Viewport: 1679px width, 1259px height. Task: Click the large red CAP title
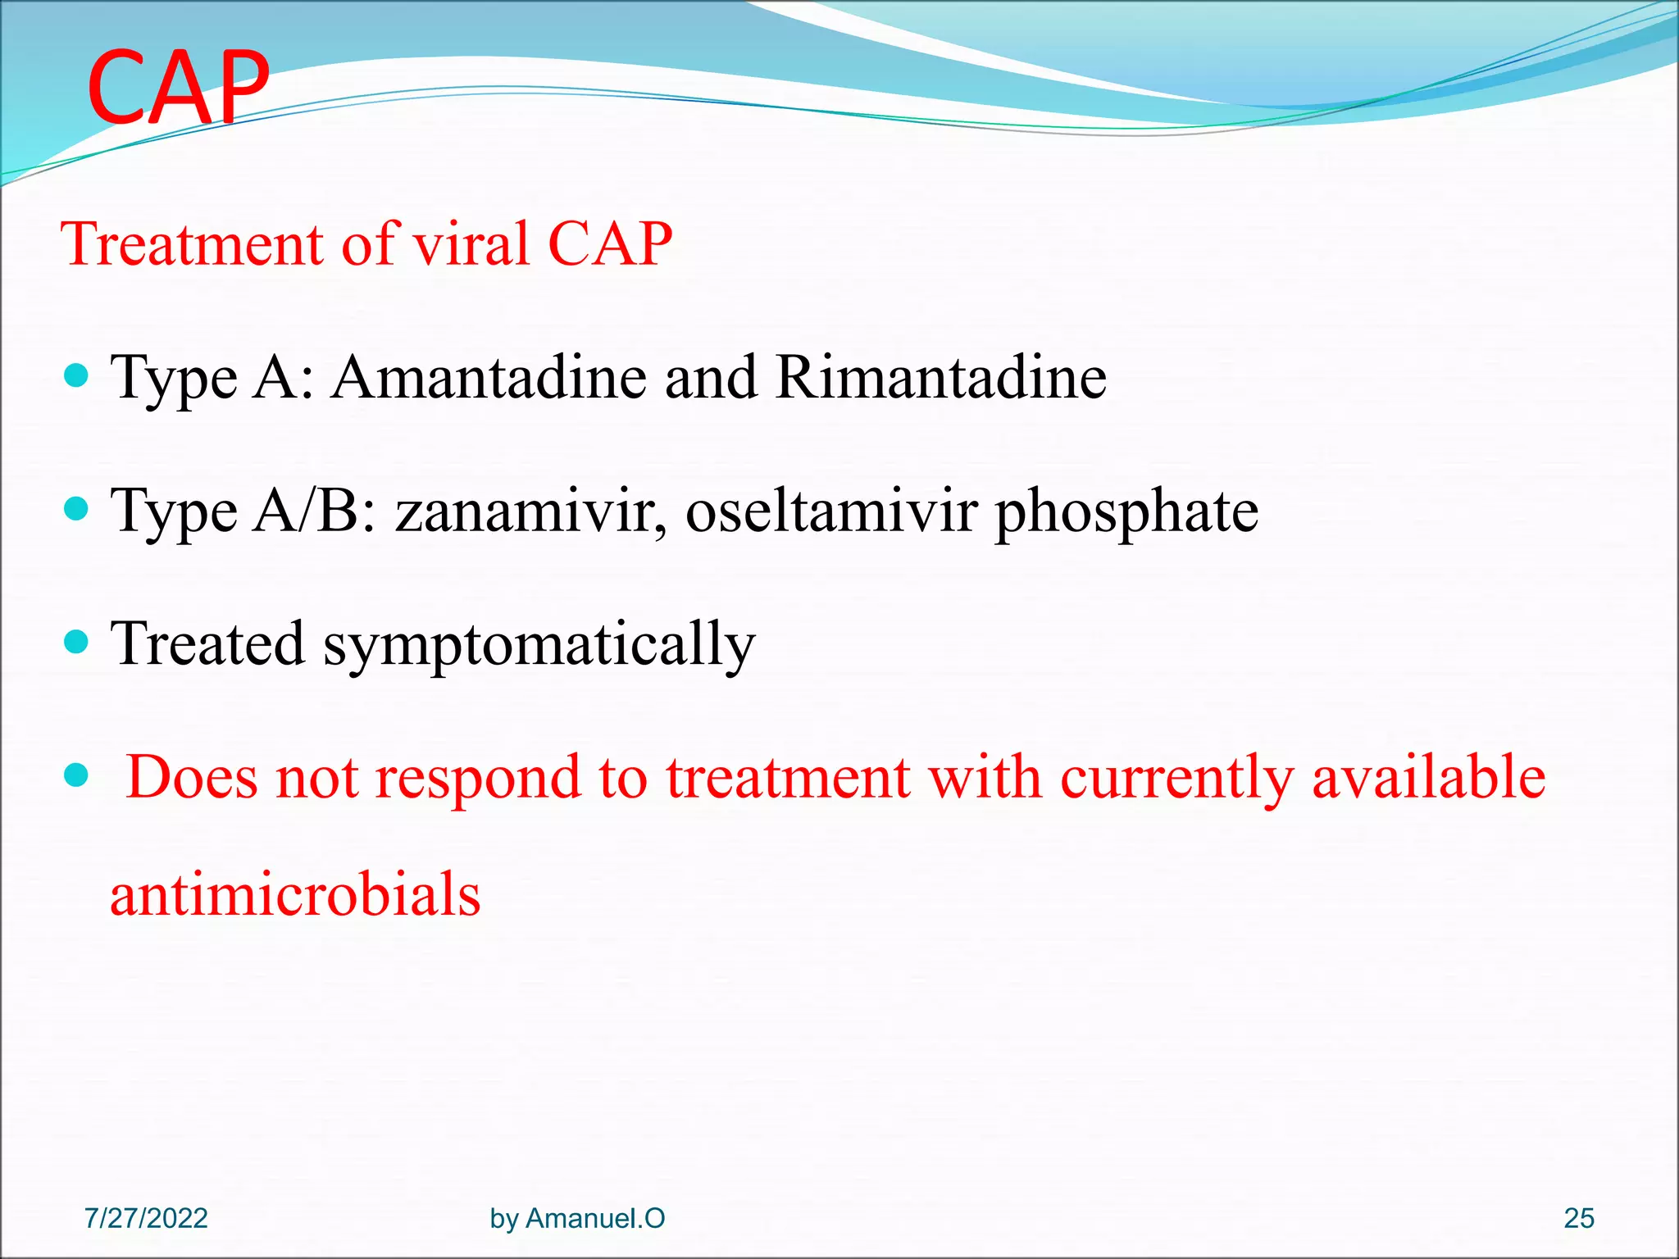click(178, 86)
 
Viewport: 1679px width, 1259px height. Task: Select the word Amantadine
click(489, 377)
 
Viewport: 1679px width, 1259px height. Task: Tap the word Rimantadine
click(940, 377)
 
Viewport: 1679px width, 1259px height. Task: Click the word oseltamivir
click(831, 511)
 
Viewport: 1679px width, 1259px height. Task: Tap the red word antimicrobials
click(295, 893)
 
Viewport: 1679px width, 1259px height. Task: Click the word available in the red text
click(1428, 777)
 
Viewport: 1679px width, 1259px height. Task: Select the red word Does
click(192, 777)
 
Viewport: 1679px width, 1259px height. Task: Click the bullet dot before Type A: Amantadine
click(75, 376)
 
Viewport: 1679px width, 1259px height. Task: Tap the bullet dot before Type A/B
click(75, 510)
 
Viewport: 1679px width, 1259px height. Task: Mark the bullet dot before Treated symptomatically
click(75, 642)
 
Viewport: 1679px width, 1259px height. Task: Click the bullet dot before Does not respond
click(75, 775)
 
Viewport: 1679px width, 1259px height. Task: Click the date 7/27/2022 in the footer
click(146, 1218)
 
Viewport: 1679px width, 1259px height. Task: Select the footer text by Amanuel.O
click(577, 1218)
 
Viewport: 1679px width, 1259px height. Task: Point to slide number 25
click(1578, 1218)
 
